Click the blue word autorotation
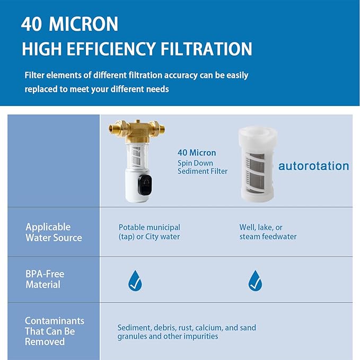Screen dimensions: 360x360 tap(313, 166)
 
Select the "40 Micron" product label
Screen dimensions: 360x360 tap(197, 153)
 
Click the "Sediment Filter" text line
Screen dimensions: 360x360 tap(202, 171)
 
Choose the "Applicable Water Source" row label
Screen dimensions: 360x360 tap(54, 232)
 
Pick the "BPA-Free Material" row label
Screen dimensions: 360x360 tap(45, 279)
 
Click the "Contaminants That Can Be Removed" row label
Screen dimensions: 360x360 tap(54, 331)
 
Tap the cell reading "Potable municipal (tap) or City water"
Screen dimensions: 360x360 tap(149, 232)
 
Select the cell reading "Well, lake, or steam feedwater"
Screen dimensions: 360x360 tap(268, 232)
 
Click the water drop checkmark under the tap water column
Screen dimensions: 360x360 tap(135, 280)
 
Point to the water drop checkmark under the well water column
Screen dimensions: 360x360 tap(255, 280)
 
